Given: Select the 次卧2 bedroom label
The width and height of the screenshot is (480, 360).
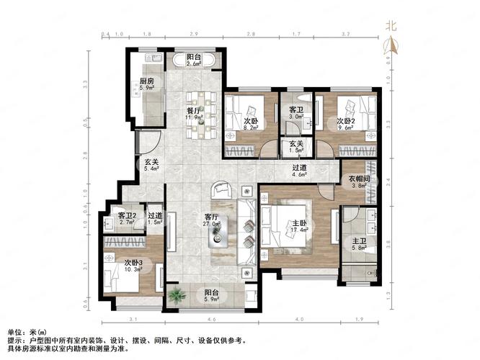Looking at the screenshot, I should click(347, 122).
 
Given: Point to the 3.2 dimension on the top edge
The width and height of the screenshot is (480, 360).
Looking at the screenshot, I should click(345, 34).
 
